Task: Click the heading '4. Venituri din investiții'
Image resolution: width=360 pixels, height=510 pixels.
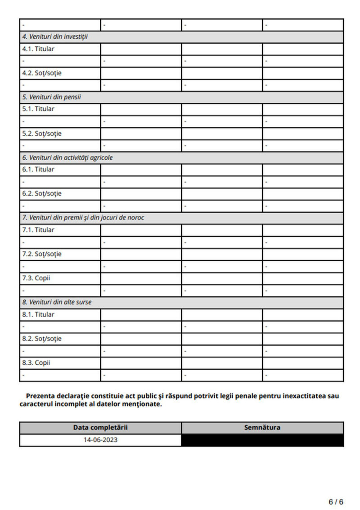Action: pyautogui.click(x=55, y=37)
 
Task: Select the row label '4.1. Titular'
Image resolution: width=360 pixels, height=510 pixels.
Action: pyautogui.click(x=38, y=49)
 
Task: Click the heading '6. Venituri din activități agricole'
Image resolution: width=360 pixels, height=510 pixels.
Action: pyautogui.click(x=67, y=157)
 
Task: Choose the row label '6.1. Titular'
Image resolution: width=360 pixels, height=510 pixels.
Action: pyautogui.click(x=38, y=170)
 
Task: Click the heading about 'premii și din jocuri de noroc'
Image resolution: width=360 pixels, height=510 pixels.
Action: pyautogui.click(x=83, y=218)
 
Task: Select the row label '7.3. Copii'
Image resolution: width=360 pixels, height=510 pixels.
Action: pyautogui.click(x=36, y=278)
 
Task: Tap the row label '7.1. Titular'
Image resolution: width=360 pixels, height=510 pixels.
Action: pyautogui.click(x=38, y=230)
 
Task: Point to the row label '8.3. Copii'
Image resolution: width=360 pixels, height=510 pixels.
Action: pyautogui.click(x=36, y=362)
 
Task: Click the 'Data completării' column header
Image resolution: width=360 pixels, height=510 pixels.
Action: pyautogui.click(x=100, y=428)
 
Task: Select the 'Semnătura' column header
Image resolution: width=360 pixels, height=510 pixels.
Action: pyautogui.click(x=262, y=428)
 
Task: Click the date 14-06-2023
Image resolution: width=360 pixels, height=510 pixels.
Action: pyautogui.click(x=100, y=440)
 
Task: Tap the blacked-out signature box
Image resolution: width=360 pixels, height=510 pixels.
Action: pyautogui.click(x=262, y=440)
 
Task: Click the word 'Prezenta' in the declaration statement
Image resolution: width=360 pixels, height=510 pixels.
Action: pyautogui.click(x=40, y=396)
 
